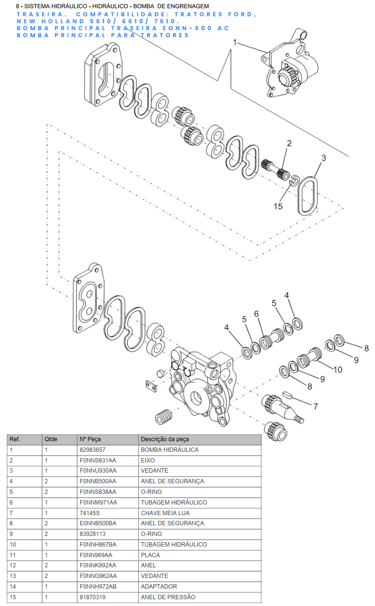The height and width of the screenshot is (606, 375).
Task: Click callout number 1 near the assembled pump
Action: pyautogui.click(x=235, y=43)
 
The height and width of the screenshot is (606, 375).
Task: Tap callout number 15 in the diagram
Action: pyautogui.click(x=278, y=206)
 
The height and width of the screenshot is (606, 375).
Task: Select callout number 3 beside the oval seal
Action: pyautogui.click(x=323, y=158)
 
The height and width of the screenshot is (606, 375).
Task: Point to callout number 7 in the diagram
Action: pyautogui.click(x=316, y=406)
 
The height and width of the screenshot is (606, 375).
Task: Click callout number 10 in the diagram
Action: pyautogui.click(x=337, y=370)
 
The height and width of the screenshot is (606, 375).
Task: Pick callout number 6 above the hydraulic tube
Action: pyautogui.click(x=257, y=314)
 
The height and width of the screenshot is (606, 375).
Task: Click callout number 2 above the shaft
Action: pyautogui.click(x=289, y=144)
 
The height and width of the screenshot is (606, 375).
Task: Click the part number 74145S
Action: pyautogui.click(x=89, y=513)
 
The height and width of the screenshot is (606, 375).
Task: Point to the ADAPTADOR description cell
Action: pyautogui.click(x=159, y=587)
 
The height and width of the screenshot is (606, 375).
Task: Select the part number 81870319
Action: pyautogui.click(x=92, y=597)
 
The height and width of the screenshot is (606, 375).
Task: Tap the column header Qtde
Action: pyautogui.click(x=51, y=439)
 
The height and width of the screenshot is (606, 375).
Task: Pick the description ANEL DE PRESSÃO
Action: pyautogui.click(x=168, y=597)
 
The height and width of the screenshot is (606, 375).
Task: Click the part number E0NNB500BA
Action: pyautogui.click(x=98, y=523)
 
